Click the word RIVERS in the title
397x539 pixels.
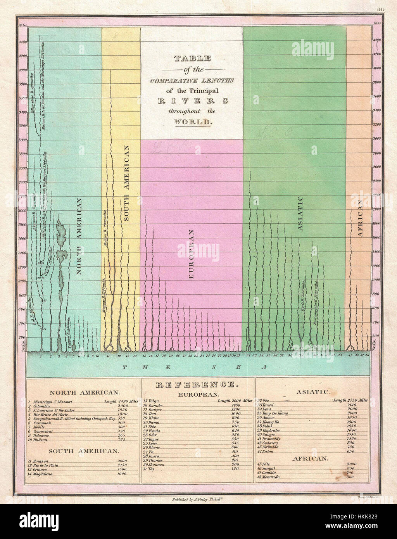(192, 101)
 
